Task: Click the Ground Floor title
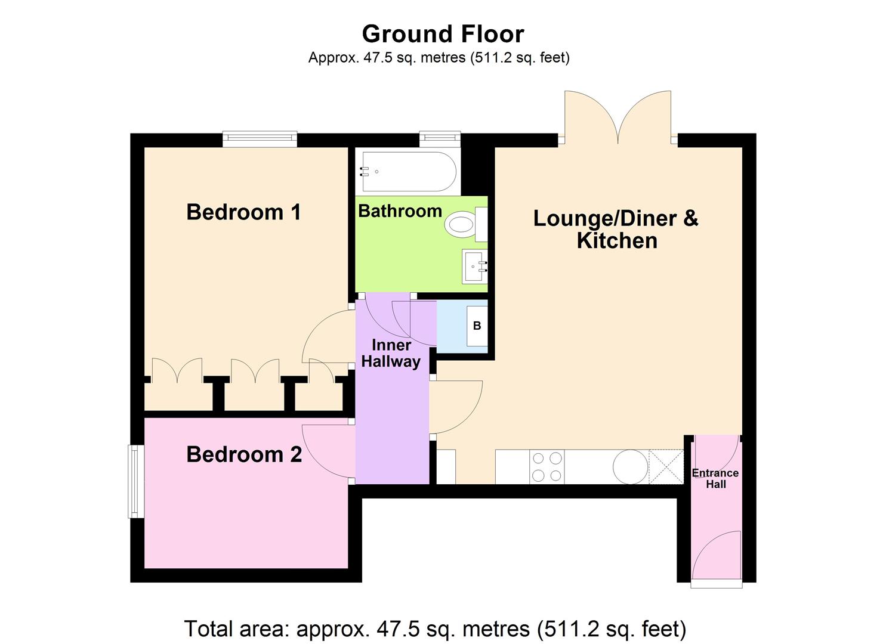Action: coord(443,34)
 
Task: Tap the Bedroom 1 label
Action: coord(243,212)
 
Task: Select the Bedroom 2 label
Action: coord(244,454)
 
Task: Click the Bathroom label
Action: coord(400,211)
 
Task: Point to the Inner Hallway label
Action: coord(391,353)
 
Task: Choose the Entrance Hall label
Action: coord(715,478)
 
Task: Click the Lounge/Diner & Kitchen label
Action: coord(616,229)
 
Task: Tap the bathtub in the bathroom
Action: coord(408,172)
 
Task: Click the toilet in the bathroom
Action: coord(462,225)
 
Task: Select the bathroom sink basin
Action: coord(475,266)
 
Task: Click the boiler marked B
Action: coord(477,326)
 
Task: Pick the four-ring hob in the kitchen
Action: coord(547,467)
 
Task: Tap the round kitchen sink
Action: coord(631,466)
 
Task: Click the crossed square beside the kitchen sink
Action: coord(666,466)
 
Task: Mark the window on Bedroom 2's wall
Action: coord(137,481)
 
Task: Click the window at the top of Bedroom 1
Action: coord(260,139)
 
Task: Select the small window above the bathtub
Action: coord(440,138)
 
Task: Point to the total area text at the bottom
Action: coord(435,628)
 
